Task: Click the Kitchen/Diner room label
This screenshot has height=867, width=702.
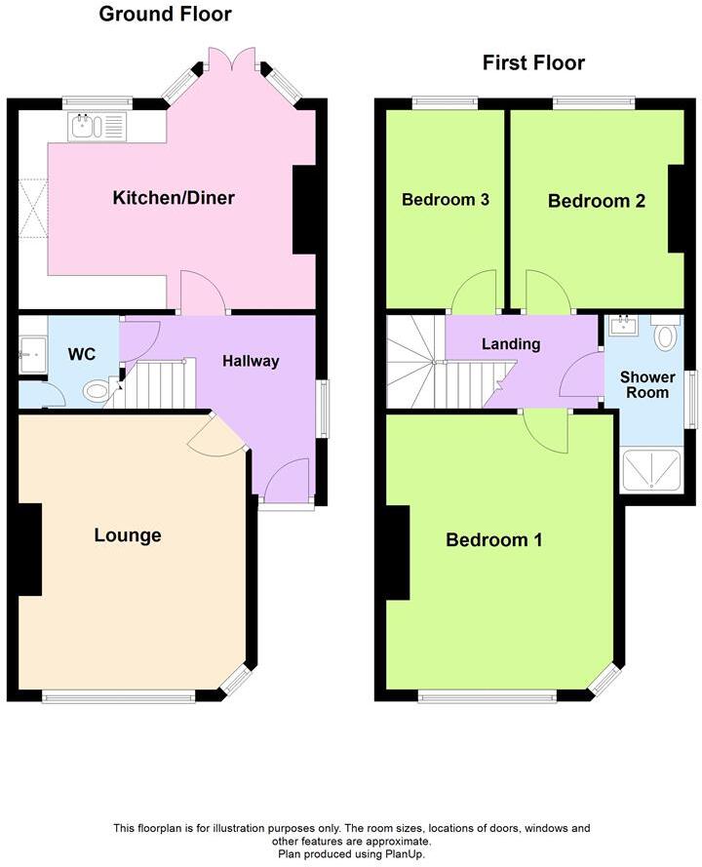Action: click(174, 198)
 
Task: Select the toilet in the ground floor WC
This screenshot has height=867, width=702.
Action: click(97, 391)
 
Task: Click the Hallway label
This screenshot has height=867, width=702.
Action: click(251, 361)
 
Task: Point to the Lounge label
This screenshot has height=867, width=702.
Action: click(128, 535)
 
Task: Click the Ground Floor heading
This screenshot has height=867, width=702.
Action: click(166, 14)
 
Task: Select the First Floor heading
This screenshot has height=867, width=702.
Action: click(533, 63)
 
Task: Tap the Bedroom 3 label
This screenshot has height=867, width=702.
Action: click(445, 200)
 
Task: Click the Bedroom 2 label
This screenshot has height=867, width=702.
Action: click(596, 201)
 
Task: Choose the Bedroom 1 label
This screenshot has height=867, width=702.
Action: click(493, 540)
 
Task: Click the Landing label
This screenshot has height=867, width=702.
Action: click(511, 344)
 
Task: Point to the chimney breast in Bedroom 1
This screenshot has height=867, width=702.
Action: click(396, 553)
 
